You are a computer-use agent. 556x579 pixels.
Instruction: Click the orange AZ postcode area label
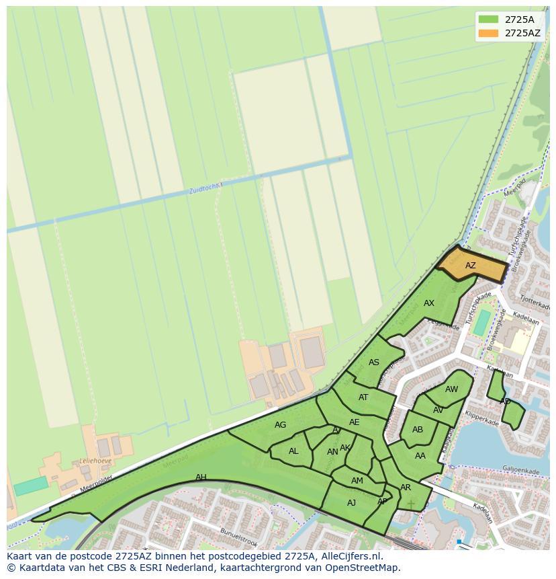pos(470,266)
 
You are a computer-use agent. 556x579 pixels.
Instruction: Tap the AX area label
pos(429,303)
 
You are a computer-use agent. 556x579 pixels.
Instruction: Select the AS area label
pos(374,362)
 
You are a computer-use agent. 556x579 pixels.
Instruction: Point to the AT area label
pos(363,397)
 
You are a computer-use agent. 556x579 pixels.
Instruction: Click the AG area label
pos(281,425)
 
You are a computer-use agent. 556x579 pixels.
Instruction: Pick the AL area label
pos(293,451)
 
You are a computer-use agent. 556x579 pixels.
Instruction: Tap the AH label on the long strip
pos(201,477)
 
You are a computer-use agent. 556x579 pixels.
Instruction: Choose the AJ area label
pos(351,503)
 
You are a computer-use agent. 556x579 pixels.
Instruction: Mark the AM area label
pos(357,481)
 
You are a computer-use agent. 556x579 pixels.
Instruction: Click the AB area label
pos(418,430)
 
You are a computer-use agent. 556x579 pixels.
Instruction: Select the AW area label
pos(451,389)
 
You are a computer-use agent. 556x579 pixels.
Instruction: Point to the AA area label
pos(420,456)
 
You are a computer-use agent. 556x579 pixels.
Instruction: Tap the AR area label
pos(406,488)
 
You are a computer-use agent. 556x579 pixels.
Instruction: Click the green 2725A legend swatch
pos(488,20)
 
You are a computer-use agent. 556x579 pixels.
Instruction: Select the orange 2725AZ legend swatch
pos(488,33)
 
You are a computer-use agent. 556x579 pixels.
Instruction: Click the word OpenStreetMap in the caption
pos(364,568)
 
